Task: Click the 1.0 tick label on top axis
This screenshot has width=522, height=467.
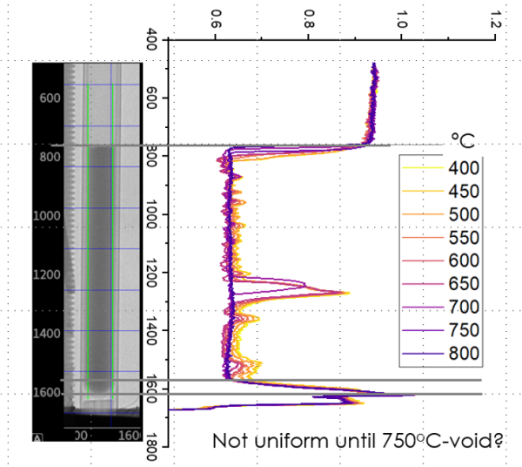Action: tap(400, 18)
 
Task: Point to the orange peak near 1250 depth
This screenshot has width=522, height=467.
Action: tap(348, 293)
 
